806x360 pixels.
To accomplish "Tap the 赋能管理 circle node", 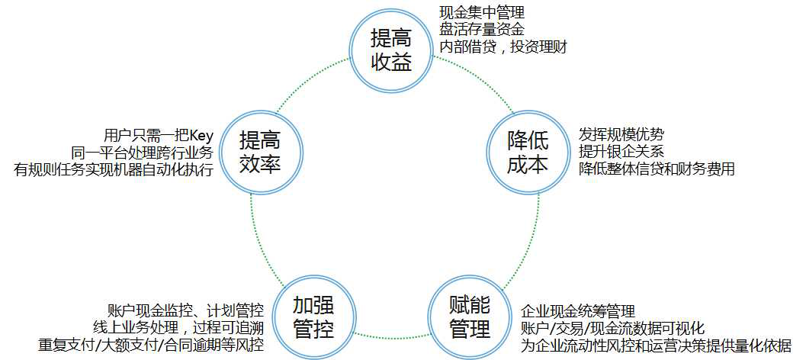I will pyautogui.click(x=469, y=318).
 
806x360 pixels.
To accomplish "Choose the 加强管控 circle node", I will pyautogui.click(x=313, y=318).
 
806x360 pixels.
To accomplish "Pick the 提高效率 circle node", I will pyautogui.click(x=259, y=151).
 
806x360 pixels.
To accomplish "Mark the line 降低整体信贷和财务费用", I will pyautogui.click(x=656, y=169).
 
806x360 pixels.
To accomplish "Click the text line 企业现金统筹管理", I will pyautogui.click(x=578, y=311).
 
